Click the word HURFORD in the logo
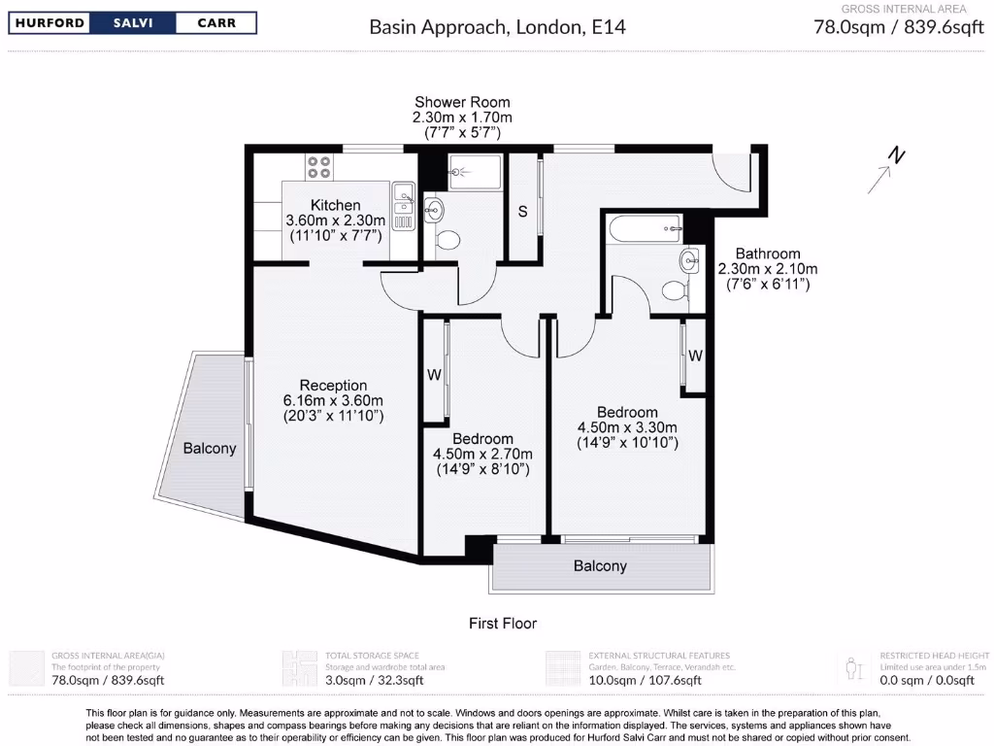(49, 23)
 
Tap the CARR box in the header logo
(215, 23)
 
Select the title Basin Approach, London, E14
(497, 26)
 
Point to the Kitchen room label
(336, 205)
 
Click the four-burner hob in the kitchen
(319, 167)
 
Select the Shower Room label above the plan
(462, 102)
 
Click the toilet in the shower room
(447, 238)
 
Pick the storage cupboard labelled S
(522, 212)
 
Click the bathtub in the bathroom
(645, 230)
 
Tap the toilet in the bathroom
(674, 289)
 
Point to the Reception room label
(333, 386)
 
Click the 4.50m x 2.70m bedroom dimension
(482, 454)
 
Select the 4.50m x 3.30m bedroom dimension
(627, 427)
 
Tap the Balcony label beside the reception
(210, 449)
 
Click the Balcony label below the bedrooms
(600, 566)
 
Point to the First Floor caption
(503, 624)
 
